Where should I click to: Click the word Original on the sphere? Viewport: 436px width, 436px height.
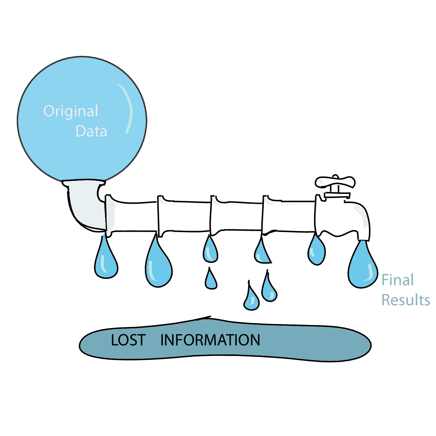click(x=71, y=111)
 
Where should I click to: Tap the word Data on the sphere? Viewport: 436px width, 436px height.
click(x=91, y=131)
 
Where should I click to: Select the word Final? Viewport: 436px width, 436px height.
click(x=398, y=280)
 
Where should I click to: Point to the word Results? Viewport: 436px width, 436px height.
click(x=406, y=300)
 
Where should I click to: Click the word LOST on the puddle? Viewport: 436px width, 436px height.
click(x=128, y=340)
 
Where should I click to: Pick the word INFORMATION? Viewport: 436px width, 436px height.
click(x=210, y=340)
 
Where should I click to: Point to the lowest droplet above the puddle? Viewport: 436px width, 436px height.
click(x=251, y=300)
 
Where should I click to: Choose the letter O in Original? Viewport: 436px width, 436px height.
click(x=49, y=111)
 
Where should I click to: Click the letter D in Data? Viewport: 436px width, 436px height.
click(x=81, y=131)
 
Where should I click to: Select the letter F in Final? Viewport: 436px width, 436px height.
click(x=385, y=280)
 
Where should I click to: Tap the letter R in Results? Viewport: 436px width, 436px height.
click(x=386, y=300)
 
